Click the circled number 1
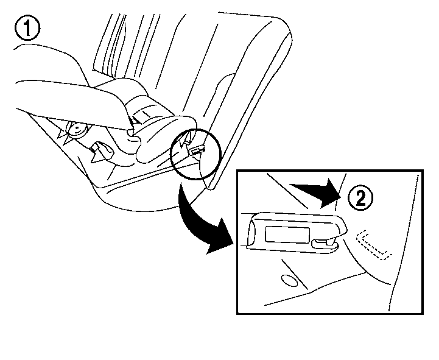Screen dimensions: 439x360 (27, 28)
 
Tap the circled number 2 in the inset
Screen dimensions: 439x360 (360, 198)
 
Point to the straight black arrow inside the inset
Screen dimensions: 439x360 (315, 193)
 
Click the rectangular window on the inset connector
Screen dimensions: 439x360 (287, 234)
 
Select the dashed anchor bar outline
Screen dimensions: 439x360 (373, 245)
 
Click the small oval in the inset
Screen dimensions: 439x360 (289, 280)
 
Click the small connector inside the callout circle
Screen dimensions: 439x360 (197, 150)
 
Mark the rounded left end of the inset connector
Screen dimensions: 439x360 (251, 231)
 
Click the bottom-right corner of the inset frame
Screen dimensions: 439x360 (423, 314)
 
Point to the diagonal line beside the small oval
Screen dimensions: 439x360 (295, 274)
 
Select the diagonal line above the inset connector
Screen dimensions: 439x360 (287, 191)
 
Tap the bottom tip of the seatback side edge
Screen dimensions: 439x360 (212, 189)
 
